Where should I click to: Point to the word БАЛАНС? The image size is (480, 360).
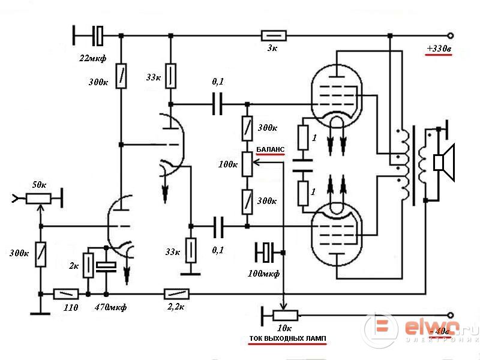[270, 148]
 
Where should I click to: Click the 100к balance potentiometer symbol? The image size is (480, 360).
[247, 164]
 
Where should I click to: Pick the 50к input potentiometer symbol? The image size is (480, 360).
[40, 196]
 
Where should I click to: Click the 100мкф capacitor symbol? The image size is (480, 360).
[265, 252]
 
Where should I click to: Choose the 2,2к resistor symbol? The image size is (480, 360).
[177, 294]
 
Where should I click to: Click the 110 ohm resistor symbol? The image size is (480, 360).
[66, 294]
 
